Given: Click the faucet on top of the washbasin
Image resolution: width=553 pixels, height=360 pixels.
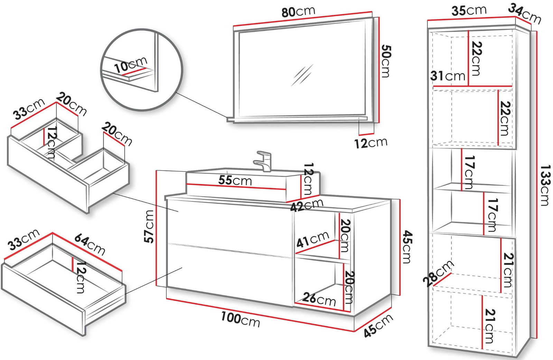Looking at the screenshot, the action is coord(262,161).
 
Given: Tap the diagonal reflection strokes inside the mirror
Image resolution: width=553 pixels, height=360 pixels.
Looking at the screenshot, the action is coord(302,75).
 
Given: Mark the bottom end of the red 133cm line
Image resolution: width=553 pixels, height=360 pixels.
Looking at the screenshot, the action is coord(537,338).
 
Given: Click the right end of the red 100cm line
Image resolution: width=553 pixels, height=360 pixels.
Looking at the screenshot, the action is coord(354,331).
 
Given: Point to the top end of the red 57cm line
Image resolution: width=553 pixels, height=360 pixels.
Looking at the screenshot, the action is coord(157,171).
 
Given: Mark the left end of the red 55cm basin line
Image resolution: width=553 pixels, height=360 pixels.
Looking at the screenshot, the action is coord(187,184).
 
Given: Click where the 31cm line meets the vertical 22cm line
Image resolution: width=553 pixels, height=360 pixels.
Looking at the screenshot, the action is coord(468,86).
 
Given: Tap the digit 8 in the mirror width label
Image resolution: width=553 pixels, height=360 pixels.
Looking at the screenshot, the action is coord(285,13).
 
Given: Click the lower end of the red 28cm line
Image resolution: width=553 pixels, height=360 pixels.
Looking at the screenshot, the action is coord(434,286).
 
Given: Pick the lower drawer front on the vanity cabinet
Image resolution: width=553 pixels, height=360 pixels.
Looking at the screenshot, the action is coord(229,274).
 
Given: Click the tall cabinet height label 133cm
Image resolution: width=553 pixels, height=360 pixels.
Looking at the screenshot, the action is coord(545,185).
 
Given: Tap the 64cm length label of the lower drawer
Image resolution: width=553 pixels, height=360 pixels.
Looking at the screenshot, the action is coord(90,244).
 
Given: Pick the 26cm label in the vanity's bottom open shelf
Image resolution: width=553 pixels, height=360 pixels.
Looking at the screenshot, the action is coord(319,299).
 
